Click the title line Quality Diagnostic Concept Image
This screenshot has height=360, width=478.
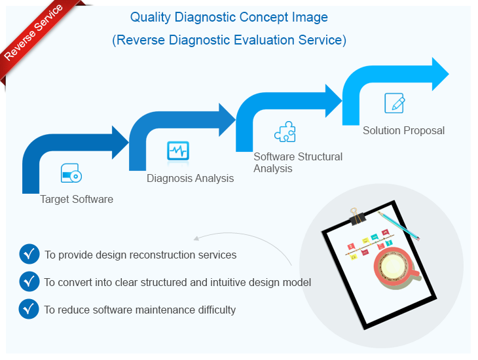[x=229, y=17]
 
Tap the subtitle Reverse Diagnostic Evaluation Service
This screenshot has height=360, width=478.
[x=229, y=40]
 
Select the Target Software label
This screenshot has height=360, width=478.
[x=77, y=199]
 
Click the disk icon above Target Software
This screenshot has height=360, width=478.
[x=71, y=173]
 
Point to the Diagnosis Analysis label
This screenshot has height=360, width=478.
[x=190, y=178]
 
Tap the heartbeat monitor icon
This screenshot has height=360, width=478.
[x=177, y=151]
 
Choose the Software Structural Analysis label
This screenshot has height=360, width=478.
[x=297, y=162]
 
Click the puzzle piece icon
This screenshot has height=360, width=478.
[x=285, y=132]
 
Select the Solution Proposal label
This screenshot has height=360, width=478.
[x=403, y=130]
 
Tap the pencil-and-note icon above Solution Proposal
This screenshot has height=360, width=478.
[x=394, y=103]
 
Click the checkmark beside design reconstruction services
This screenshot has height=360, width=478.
[x=29, y=254]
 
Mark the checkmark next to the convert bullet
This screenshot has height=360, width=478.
[x=29, y=281]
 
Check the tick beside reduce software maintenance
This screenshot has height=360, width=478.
[x=29, y=309]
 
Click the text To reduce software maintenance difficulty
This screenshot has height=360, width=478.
[x=140, y=310]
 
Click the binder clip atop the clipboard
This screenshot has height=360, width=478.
[x=357, y=215]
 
